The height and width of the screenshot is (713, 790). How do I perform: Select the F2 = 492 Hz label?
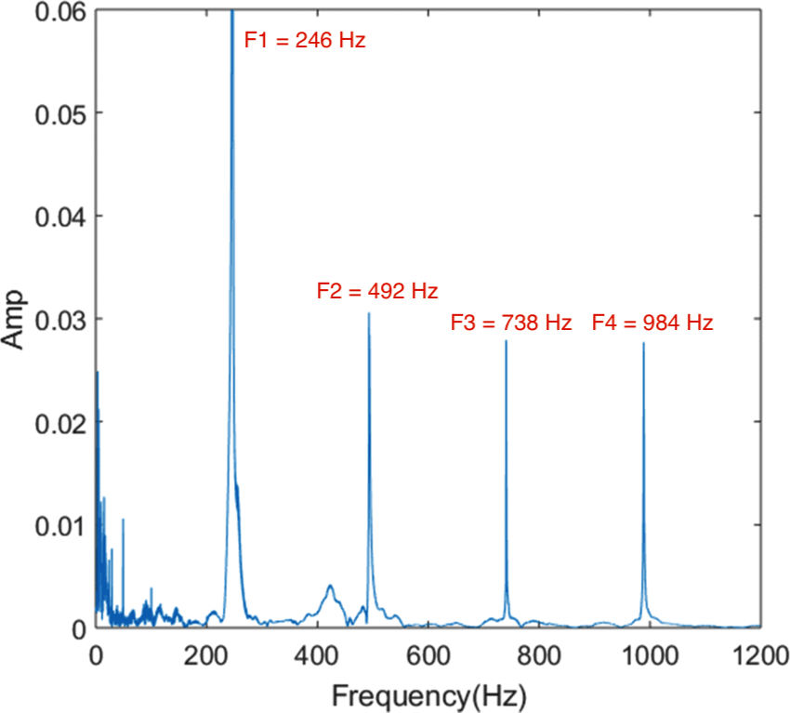click(376, 291)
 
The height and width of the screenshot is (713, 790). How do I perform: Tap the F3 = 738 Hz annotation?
click(510, 323)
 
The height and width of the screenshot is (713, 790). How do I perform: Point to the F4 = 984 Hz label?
click(652, 323)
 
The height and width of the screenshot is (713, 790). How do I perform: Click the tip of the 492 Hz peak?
click(369, 312)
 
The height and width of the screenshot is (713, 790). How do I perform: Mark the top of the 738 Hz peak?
click(507, 341)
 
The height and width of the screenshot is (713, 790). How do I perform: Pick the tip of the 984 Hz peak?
click(643, 343)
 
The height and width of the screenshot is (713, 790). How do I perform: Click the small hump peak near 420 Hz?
click(330, 586)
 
